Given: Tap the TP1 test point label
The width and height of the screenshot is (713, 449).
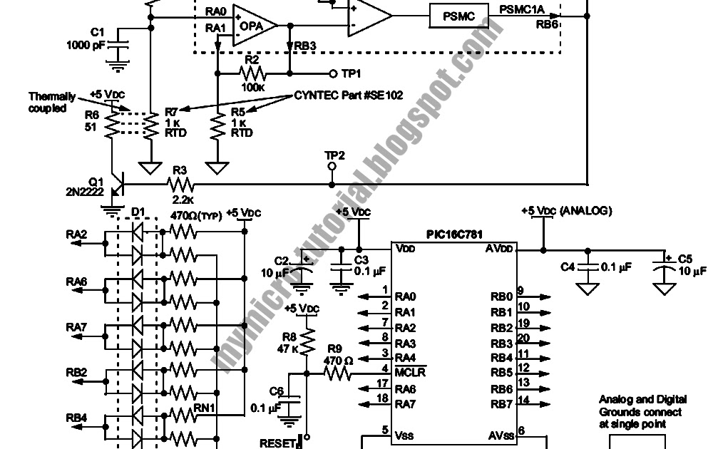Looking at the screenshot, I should coord(351,73).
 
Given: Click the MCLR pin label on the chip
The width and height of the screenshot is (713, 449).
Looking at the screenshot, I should coord(411,373).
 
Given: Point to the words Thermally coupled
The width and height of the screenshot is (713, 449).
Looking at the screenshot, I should coord(48,102).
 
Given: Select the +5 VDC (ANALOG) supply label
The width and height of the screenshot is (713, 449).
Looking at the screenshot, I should coord(567,210).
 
